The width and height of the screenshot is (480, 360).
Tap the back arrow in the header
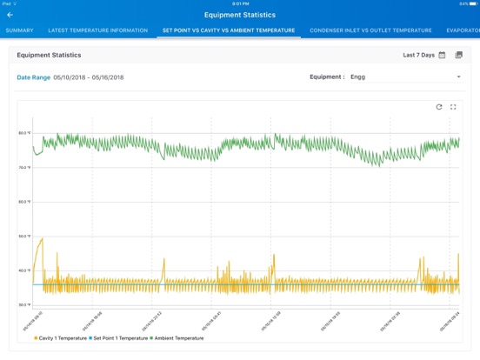point(10,15)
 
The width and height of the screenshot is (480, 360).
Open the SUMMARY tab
point(20,30)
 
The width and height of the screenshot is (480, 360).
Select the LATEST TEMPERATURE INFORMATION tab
point(97,30)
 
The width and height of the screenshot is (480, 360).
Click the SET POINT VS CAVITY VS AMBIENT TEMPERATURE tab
point(229,30)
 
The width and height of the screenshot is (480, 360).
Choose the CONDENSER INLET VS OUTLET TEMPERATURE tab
point(370,30)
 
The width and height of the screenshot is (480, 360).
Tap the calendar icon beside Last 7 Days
point(442,55)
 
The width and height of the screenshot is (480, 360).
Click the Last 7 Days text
point(418,55)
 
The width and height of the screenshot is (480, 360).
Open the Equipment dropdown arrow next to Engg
point(458,77)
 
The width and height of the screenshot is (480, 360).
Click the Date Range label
point(34,77)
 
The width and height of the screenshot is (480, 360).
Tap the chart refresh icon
point(439,107)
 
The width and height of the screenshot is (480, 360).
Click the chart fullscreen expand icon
point(453,107)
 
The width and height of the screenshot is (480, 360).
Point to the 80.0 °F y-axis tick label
point(24,133)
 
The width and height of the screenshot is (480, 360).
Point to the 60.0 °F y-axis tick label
point(24,202)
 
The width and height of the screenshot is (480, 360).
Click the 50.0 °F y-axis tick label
point(24,236)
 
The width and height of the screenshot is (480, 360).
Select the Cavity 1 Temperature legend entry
point(61,337)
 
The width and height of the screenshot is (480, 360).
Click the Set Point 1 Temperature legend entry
point(119,337)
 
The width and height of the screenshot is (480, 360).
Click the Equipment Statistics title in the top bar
point(239,15)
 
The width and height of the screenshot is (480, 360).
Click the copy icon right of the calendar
point(459,55)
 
